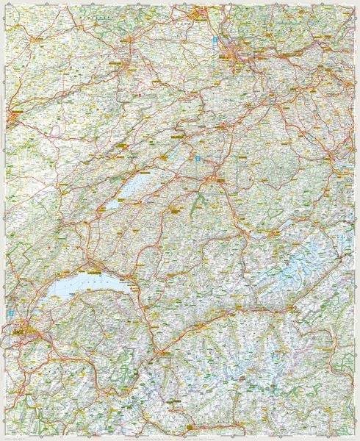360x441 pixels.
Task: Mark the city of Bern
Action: (x=214, y=177)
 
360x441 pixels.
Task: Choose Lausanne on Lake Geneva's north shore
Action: (x=91, y=267)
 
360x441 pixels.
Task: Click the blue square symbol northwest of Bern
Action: (x=197, y=157)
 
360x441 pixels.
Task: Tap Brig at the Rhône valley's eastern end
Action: (x=279, y=301)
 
